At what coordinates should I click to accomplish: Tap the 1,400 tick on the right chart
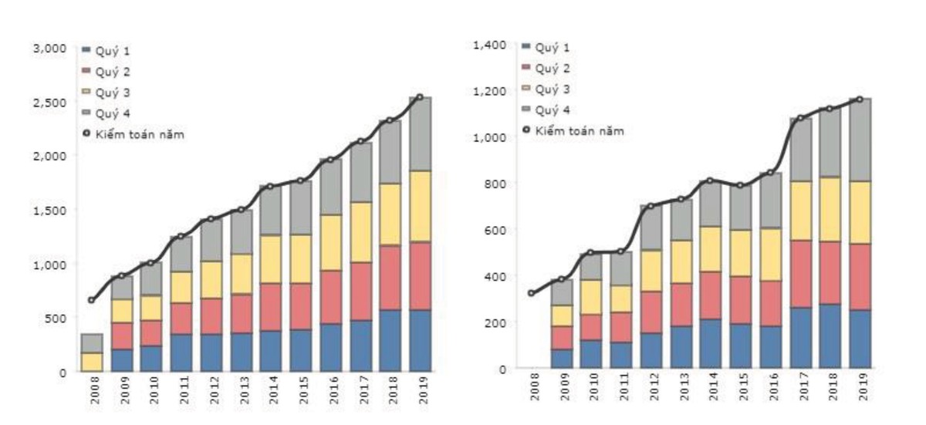(490, 46)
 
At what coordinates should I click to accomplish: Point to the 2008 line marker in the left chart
(92, 300)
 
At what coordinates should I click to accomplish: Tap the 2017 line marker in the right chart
(801, 118)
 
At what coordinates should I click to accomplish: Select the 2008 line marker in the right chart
(531, 293)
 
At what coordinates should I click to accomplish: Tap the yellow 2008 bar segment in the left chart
(92, 362)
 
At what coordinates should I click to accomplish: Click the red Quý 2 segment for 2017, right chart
(801, 274)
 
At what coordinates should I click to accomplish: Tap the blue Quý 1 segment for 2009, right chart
(562, 359)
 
